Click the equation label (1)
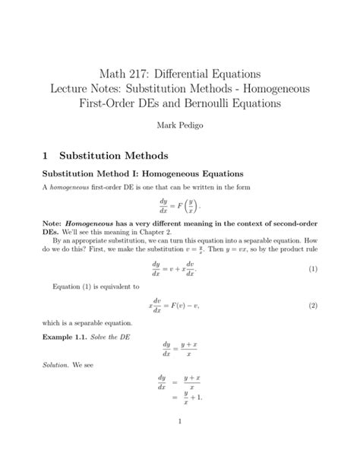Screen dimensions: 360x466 [x=312, y=271]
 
